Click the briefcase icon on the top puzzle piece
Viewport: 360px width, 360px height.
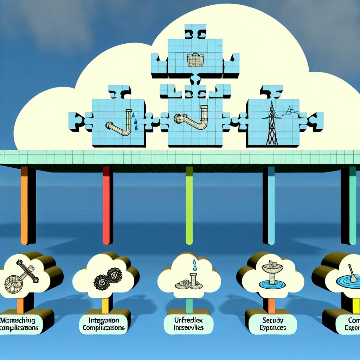tap(195, 60)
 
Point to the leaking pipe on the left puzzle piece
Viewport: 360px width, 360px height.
tap(120, 123)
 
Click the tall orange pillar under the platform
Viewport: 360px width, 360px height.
tap(24, 206)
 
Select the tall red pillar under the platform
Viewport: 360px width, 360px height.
tap(106, 206)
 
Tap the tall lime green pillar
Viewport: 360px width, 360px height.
tap(189, 206)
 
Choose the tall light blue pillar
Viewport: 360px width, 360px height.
tap(271, 206)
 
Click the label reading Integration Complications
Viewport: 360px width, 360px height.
tap(103, 324)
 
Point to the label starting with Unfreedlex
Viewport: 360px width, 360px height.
tap(188, 324)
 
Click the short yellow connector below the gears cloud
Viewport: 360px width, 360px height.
tap(105, 306)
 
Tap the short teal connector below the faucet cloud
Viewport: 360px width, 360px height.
tap(189, 306)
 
